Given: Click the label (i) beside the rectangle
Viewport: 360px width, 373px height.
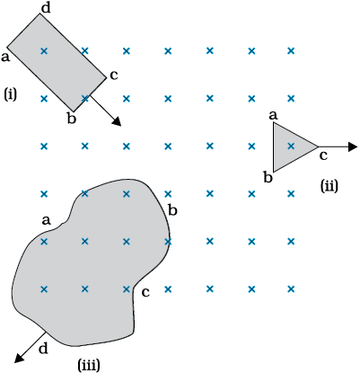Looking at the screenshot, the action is [x=11, y=94].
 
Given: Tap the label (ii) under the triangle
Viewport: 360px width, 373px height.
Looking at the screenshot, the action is [x=329, y=186].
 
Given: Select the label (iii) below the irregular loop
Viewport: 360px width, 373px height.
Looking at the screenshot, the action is [x=89, y=365].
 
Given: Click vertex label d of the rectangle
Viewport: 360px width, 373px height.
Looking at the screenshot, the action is [x=46, y=8].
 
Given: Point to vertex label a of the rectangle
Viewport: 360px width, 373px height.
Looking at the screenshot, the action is [x=5, y=57].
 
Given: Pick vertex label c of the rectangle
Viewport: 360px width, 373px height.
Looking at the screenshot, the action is [x=114, y=75].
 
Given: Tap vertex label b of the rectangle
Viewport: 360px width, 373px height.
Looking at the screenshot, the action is [x=72, y=119].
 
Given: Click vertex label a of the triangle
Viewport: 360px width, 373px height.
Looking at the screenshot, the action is [x=273, y=115].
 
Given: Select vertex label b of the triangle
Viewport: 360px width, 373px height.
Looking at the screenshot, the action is [x=268, y=177].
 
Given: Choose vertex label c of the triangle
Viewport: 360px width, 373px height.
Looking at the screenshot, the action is [x=323, y=155].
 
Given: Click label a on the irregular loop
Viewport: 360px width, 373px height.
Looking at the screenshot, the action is [x=46, y=221].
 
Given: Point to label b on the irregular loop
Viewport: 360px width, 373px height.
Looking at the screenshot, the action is [x=173, y=210].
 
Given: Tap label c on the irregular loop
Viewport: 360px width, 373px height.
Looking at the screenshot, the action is [x=145, y=292].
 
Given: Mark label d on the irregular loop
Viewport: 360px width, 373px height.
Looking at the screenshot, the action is [x=43, y=349].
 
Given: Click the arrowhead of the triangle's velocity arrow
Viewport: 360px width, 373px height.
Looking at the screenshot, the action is [x=354, y=147].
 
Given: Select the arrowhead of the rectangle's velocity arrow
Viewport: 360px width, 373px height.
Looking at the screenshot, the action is [x=117, y=121].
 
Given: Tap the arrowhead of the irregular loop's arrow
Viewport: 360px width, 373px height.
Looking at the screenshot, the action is [x=20, y=358].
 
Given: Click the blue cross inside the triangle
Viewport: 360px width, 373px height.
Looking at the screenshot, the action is [x=291, y=147].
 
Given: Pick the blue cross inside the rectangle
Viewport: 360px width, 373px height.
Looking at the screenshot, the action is [x=44, y=51].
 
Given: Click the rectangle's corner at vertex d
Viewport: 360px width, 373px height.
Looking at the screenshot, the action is [x=40, y=13].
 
